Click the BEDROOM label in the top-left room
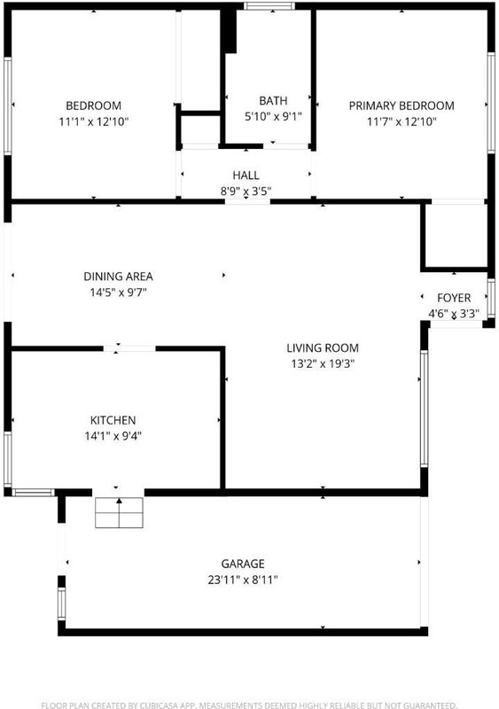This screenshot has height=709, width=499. coord(94,105)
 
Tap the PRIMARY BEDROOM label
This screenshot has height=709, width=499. coord(402,105)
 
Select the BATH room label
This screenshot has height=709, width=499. coord(273,100)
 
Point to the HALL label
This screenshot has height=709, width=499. coord(246,175)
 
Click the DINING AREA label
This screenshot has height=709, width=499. coord(118,277)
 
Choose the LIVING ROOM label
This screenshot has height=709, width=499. coord(323,347)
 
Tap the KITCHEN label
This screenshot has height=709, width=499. coord(113,420)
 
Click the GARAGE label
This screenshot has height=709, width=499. coord(243,564)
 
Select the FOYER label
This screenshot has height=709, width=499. coord(454,298)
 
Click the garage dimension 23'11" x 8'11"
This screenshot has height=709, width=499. coord(243,580)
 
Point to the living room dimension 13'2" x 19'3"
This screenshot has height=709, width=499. coord(323,363)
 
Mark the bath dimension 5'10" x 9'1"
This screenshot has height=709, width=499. coord(273,116)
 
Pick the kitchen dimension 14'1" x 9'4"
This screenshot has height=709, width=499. coord(113,436)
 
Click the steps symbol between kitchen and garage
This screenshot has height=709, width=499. coord(119,513)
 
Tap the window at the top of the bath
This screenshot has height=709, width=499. coord(269,6)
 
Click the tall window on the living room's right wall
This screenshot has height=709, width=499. coord(424,409)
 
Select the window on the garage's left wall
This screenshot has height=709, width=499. coord(61,604)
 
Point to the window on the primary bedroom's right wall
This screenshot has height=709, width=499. coord(491,103)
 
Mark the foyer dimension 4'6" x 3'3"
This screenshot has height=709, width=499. coord(454,314)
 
